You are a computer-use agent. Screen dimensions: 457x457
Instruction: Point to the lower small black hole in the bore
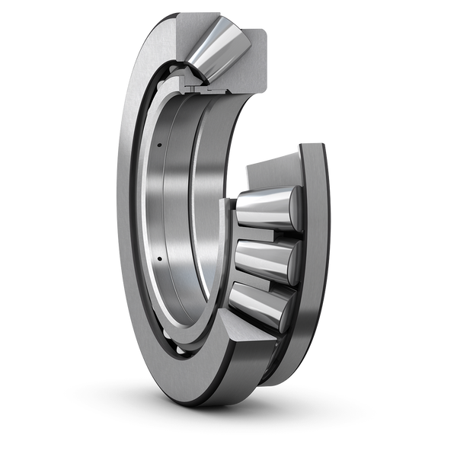pos(159,261)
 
